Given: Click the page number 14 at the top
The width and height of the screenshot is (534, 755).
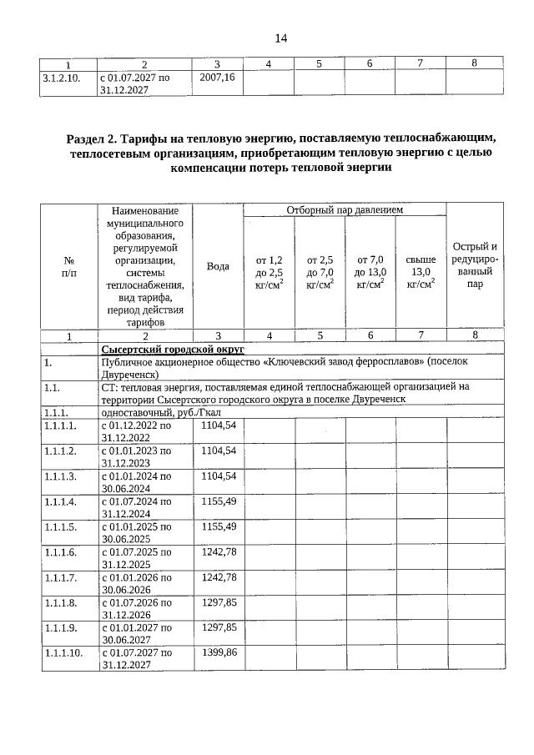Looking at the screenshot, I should click(280, 38).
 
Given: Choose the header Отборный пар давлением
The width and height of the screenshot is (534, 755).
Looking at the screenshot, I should click(345, 209).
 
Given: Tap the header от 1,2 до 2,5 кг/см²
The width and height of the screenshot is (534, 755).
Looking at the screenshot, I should click(269, 272).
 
